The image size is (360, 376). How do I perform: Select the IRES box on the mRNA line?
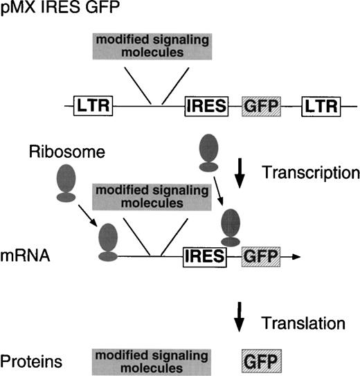click(205, 257)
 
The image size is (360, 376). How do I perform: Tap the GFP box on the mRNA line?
click(260, 257)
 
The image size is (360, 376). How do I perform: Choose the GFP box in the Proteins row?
click(260, 361)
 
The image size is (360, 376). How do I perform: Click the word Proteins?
click(25, 361)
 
